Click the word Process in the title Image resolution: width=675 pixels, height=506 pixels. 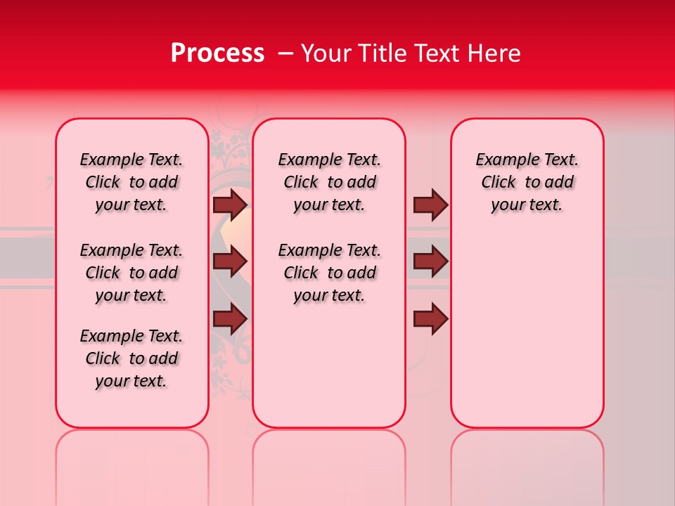217,53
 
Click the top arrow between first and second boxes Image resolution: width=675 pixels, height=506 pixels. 230,205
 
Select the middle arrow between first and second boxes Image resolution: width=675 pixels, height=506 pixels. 230,262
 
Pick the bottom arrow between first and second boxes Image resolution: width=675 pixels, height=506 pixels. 230,319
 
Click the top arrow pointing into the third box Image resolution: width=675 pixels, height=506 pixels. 430,205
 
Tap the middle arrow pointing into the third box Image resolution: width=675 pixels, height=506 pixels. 430,262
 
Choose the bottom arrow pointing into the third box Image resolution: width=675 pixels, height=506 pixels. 430,319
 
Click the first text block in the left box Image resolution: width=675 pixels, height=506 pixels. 131,182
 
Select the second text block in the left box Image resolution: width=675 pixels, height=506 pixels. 131,273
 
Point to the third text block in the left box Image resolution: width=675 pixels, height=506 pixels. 131,358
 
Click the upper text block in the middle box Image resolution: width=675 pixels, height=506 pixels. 329,182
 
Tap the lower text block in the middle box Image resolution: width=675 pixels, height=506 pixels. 329,273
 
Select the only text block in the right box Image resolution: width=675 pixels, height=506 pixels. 527,182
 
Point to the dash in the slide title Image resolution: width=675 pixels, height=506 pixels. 285,53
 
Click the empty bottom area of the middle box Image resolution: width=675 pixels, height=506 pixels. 329,365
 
